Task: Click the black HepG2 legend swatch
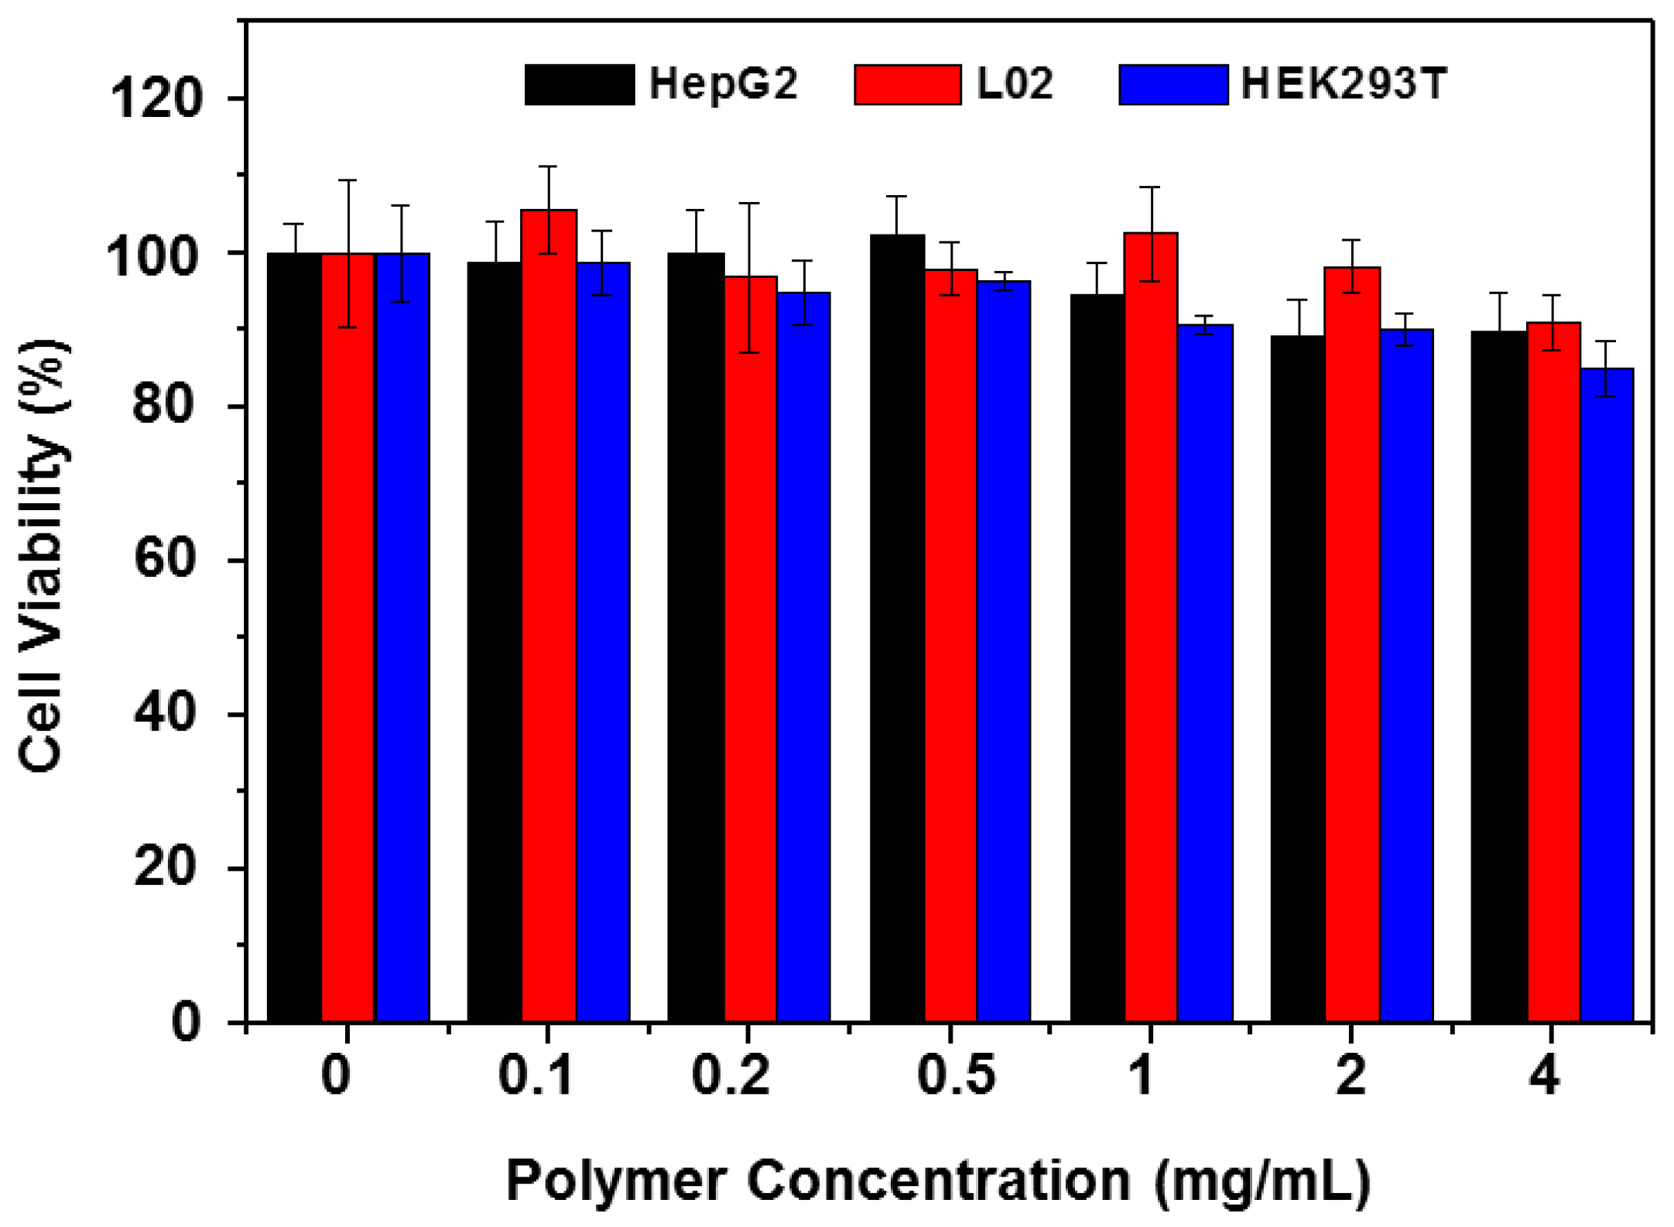point(579,84)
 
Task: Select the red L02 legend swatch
point(908,84)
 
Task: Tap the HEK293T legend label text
point(1344,84)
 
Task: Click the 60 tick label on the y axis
point(163,559)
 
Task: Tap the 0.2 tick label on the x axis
point(731,1075)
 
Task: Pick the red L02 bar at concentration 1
point(1151,627)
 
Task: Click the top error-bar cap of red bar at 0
point(347,180)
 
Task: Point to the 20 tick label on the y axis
point(163,867)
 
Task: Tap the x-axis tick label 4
point(1545,1075)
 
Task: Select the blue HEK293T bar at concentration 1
point(1205,673)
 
